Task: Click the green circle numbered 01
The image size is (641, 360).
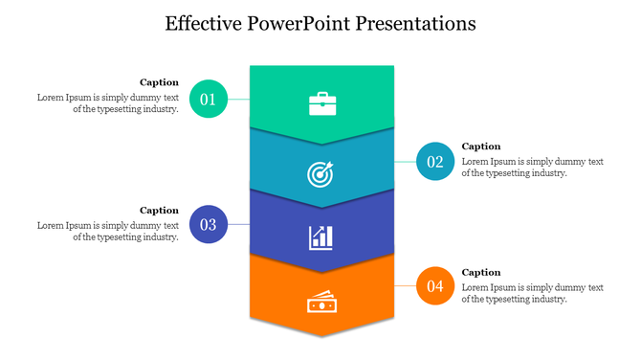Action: point(209,99)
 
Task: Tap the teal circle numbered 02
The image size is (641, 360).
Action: point(435,161)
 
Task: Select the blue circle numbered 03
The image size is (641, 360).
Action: point(209,225)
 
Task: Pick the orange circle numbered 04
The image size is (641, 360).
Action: point(435,285)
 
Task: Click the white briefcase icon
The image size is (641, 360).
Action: point(322,103)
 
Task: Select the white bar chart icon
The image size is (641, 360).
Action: point(320,236)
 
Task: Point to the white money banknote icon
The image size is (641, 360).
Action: point(320,303)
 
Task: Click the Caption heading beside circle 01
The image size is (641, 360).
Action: point(159,82)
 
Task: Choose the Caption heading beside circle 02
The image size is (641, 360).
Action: point(481,146)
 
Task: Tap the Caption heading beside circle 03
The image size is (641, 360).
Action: point(159,210)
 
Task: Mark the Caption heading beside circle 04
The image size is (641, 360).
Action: point(481,272)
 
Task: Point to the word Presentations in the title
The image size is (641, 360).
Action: point(415,23)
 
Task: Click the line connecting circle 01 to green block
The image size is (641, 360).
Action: point(238,99)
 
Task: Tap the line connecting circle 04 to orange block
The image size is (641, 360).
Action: point(406,285)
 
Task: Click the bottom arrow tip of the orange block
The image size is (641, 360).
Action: point(321,332)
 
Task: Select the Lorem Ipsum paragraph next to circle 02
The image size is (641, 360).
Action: point(532,168)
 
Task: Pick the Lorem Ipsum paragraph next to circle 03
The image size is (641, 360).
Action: point(108,232)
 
